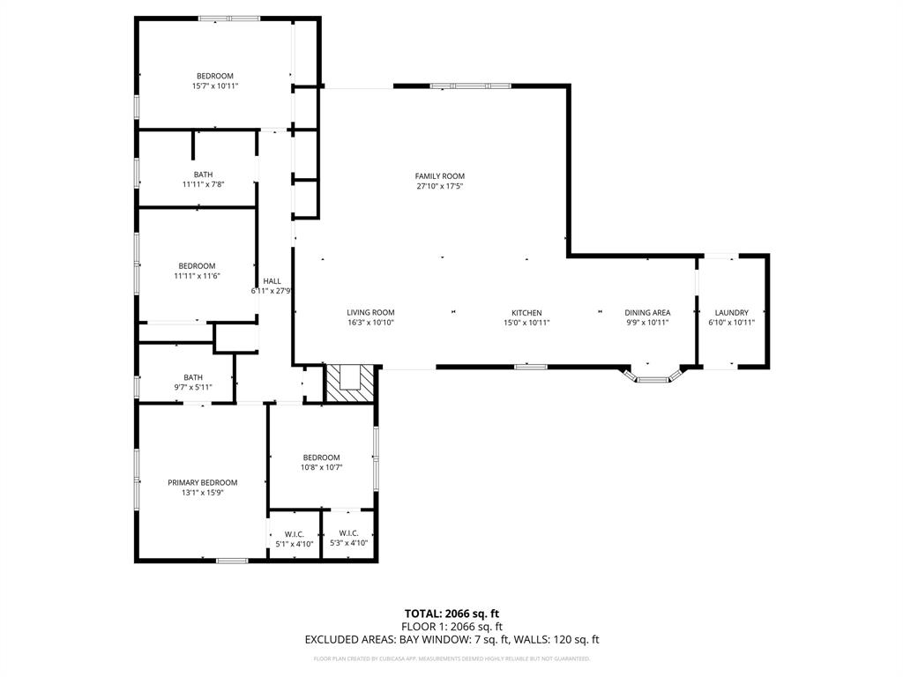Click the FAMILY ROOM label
(439, 176)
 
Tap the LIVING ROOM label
(369, 312)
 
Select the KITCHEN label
(526, 312)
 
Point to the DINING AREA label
(647, 312)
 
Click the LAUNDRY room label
(731, 312)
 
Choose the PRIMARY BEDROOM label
(203, 482)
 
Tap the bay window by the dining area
(653, 378)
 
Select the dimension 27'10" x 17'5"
(439, 186)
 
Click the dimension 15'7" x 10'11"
(215, 86)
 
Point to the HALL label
(272, 281)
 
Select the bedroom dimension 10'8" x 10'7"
(321, 467)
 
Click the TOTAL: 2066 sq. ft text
(451, 613)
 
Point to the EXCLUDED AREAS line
(451, 639)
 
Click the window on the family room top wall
(481, 86)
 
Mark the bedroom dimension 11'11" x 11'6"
(197, 276)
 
